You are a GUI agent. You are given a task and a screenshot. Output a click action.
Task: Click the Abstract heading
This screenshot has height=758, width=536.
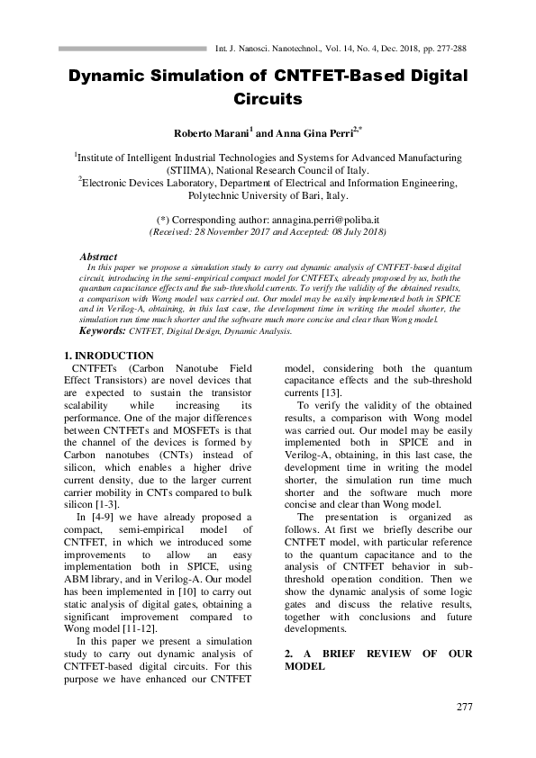(98, 257)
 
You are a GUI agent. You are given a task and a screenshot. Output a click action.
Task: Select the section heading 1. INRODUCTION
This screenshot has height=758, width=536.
(111, 356)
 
